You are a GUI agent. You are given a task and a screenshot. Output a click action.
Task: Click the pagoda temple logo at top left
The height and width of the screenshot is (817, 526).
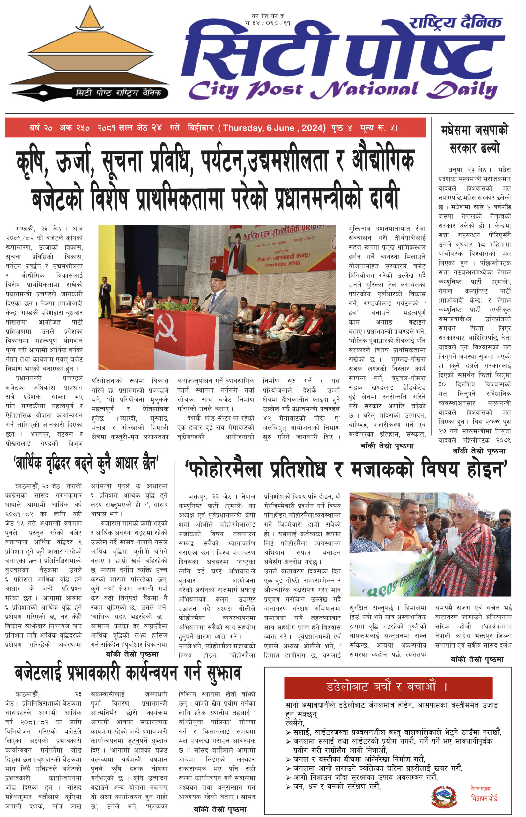point(90,51)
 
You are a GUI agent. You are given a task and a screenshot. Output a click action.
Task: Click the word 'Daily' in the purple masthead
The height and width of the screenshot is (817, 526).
point(463,90)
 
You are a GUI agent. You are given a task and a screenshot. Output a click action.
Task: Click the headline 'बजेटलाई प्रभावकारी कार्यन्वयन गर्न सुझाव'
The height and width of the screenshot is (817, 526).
point(128,673)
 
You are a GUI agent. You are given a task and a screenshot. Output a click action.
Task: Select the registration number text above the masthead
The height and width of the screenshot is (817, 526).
point(268,19)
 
